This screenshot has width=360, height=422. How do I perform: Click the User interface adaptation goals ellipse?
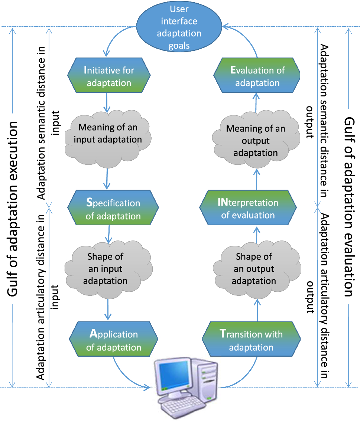coord(179,27)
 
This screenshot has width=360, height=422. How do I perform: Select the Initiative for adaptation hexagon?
coord(109,75)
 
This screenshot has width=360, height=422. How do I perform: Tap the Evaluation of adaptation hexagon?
coord(257,75)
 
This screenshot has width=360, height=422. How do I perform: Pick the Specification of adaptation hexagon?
coord(113,207)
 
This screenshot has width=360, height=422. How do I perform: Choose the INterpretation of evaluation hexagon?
coord(248,207)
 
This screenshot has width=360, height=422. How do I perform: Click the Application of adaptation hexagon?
coord(113,339)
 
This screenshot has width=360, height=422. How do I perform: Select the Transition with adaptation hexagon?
coord(251,339)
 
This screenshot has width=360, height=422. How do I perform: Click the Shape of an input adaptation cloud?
coord(108,269)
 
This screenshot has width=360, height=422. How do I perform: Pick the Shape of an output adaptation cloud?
coord(256,269)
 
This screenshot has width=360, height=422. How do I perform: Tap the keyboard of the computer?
coord(183,406)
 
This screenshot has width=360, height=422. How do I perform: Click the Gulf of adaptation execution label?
coord(12,209)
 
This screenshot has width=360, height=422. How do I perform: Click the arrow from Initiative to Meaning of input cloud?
coord(107,103)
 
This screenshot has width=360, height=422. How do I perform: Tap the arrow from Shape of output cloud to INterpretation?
coord(257,235)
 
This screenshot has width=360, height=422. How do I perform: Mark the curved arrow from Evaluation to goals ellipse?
coord(246,36)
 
